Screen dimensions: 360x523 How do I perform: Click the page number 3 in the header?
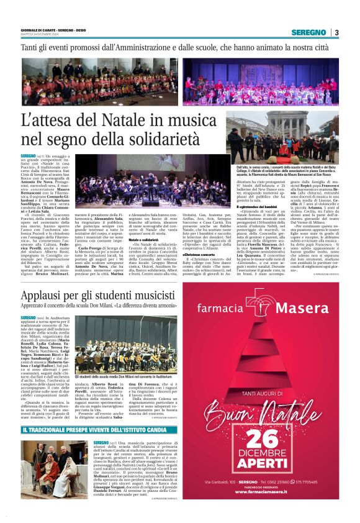click(x=336, y=32)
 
